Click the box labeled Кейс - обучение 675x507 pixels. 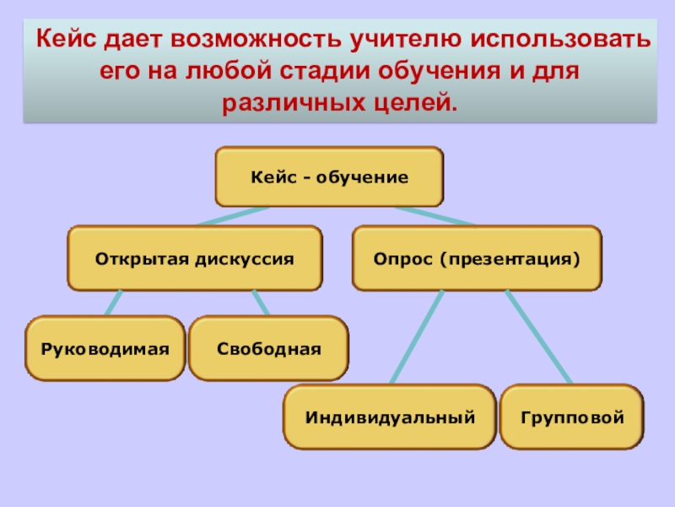(329, 177)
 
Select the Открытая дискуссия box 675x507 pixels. (195, 258)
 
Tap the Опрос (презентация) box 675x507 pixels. (477, 258)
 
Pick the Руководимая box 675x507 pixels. (105, 348)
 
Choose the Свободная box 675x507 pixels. (268, 348)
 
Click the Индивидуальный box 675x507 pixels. (390, 417)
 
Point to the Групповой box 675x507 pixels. (571, 417)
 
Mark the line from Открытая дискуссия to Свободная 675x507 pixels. (261, 303)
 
